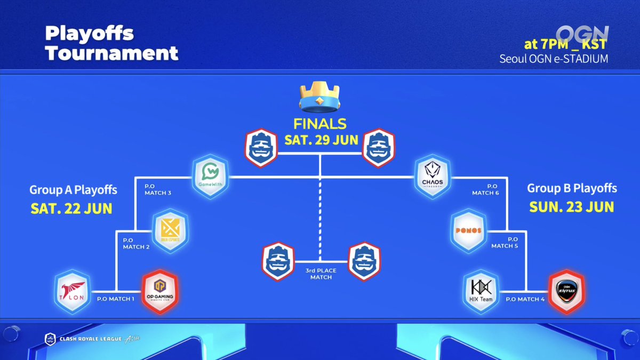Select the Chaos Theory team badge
[433, 177]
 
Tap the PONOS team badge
[468, 231]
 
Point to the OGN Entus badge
[566, 291]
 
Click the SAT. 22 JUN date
[71, 208]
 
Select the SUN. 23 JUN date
[572, 206]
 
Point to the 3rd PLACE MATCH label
[319, 274]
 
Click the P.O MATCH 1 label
[116, 299]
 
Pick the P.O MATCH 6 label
[486, 189]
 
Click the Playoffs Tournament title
[111, 43]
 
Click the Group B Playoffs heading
[572, 188]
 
